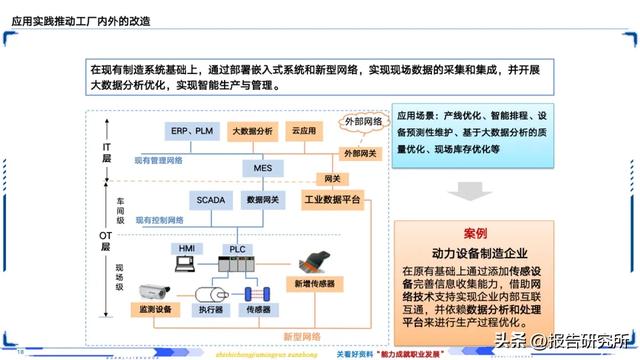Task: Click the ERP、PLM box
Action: tap(192, 131)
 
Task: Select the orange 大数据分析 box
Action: tap(251, 131)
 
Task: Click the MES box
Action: tap(263, 169)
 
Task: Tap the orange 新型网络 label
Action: tap(303, 335)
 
